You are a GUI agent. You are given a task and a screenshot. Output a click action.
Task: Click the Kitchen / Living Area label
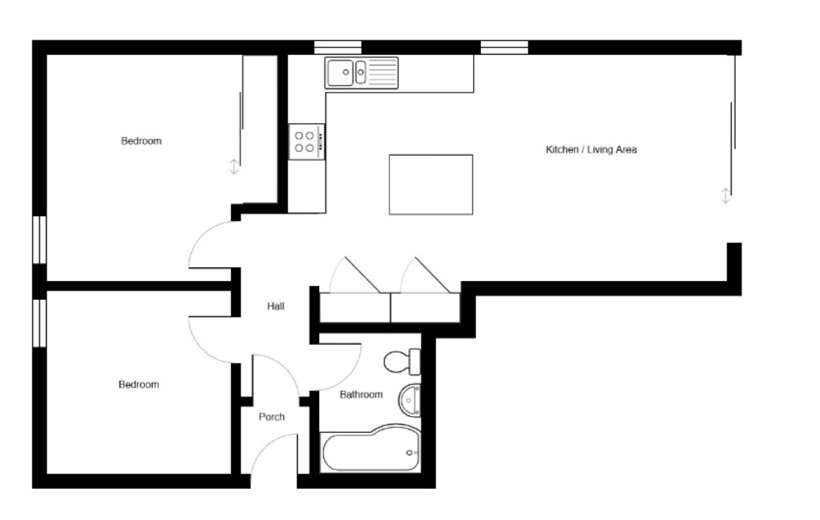pos(591,150)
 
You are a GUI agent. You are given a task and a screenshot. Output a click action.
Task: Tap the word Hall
pos(276,306)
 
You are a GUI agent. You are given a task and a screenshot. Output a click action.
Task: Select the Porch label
pos(272,417)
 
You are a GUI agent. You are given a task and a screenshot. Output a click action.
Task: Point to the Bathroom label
pos(361,395)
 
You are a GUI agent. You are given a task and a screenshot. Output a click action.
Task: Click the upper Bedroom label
pos(141,141)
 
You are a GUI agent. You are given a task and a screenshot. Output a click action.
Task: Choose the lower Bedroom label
pos(138,384)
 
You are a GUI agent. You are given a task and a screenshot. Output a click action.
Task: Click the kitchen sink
pos(361,73)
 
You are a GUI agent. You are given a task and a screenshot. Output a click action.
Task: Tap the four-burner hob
pos(307,142)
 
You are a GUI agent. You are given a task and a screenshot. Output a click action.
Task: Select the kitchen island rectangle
pos(431,185)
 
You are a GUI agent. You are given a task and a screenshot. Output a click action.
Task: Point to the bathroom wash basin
pos(409,400)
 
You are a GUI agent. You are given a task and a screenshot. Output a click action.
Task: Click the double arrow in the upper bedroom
pos(234,167)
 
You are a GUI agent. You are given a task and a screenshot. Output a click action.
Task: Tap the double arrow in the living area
pos(726,196)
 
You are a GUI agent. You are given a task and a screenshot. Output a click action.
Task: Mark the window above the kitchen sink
pos(338,47)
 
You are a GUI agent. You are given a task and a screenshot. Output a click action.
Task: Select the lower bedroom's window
pos(39,323)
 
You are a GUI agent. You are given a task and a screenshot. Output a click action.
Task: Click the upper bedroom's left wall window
pos(39,240)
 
